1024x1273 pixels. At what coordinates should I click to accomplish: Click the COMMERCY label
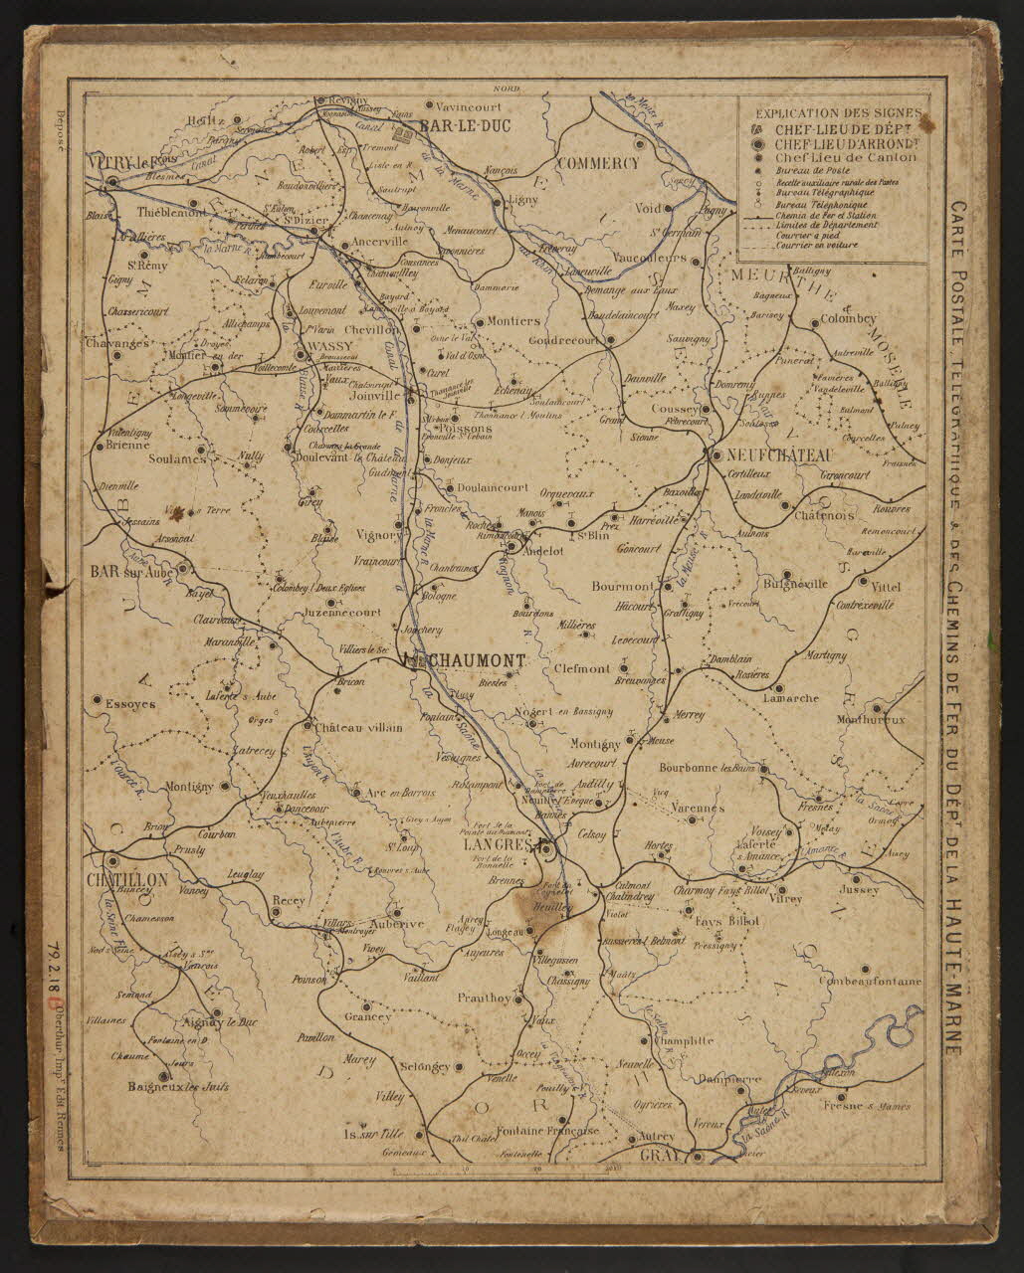(x=597, y=162)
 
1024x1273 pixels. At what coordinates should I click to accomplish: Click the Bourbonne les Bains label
(x=707, y=768)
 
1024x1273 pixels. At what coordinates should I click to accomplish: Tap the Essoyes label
(x=129, y=703)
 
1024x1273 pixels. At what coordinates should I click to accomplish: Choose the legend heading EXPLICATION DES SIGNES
(x=839, y=113)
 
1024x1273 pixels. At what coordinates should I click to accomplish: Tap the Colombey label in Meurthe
(x=847, y=319)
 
